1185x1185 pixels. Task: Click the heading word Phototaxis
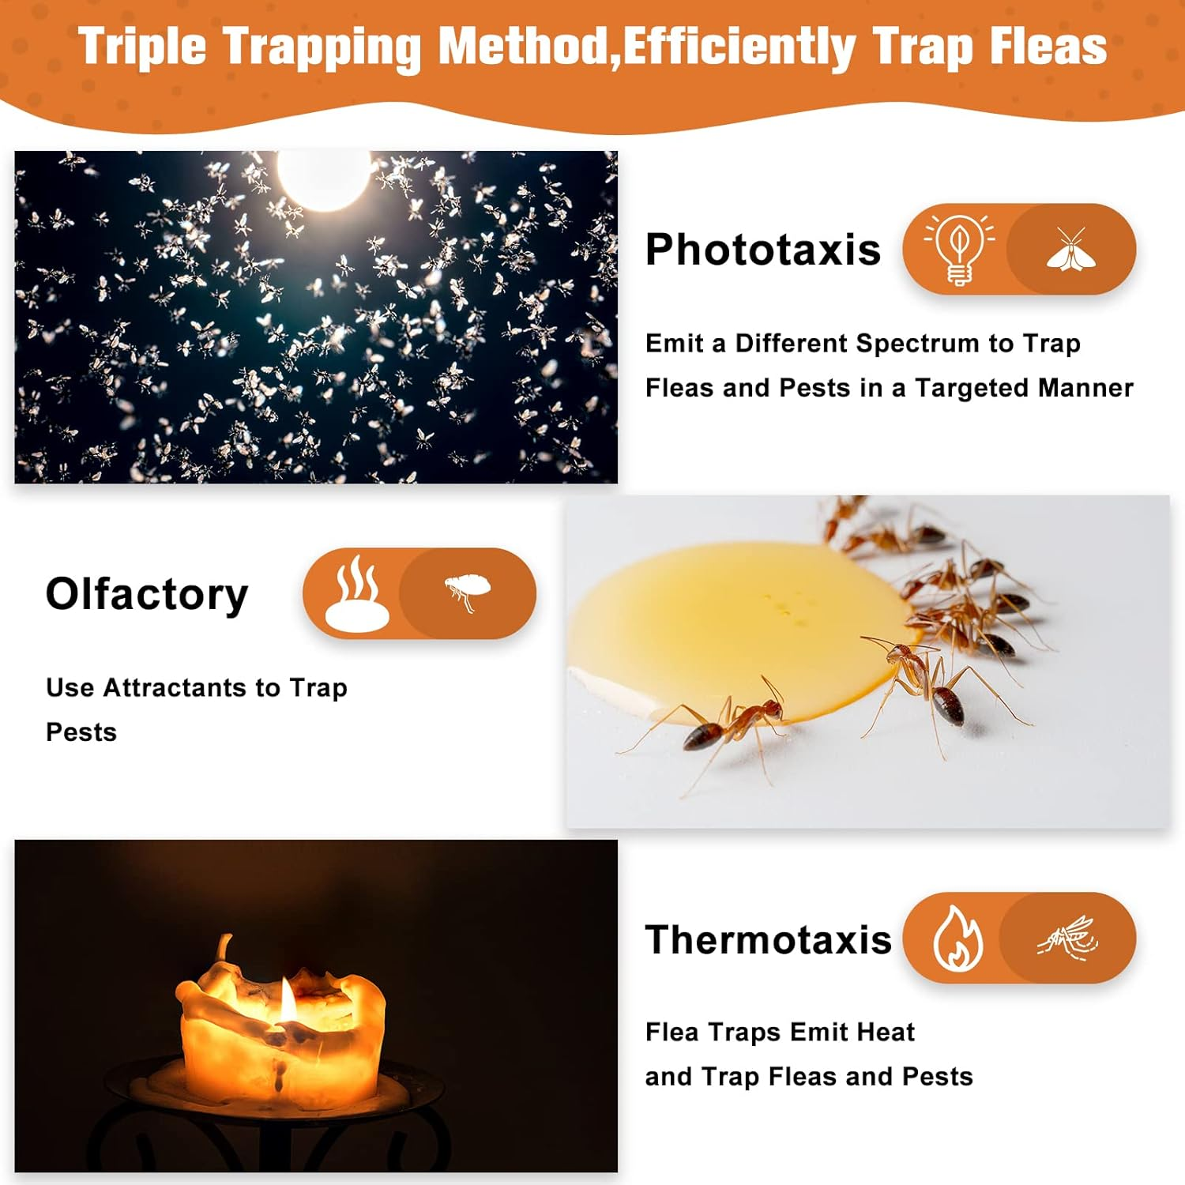point(762,250)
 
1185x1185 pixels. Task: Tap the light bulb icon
point(959,249)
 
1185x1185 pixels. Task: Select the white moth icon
point(1070,250)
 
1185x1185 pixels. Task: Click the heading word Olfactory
point(147,594)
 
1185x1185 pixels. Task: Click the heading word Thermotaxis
point(768,940)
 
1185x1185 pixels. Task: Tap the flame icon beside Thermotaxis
point(957,939)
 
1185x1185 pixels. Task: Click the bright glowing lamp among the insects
point(323,178)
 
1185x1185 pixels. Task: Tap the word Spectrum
point(917,344)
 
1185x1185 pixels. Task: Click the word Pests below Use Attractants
point(81,732)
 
